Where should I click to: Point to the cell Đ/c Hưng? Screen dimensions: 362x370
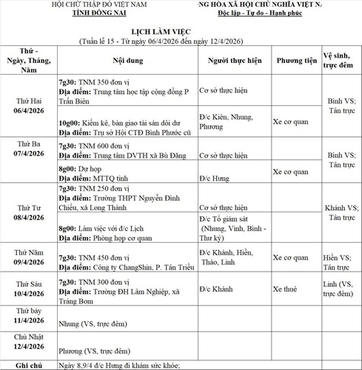coord(220,178)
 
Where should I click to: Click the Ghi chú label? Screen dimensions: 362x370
coord(29,365)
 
